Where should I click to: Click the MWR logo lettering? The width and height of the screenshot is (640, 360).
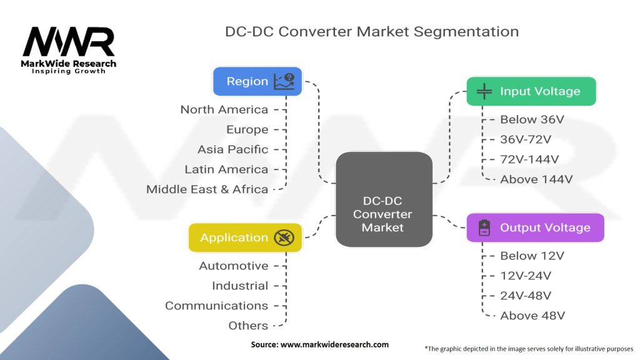click(69, 42)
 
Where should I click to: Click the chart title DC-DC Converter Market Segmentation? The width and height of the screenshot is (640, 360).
click(371, 31)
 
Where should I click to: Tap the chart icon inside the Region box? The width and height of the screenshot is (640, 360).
click(284, 81)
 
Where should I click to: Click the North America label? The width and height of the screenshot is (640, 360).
click(224, 109)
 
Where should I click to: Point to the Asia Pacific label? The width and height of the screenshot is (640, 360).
click(232, 149)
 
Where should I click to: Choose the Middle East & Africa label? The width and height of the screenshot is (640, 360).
click(207, 189)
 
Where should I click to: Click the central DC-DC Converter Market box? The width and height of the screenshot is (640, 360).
click(383, 214)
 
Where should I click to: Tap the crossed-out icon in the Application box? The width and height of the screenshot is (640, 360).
click(283, 237)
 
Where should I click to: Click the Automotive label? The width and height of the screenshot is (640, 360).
click(233, 266)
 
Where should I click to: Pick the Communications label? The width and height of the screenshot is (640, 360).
click(216, 306)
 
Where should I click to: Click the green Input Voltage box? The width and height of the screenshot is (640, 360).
click(531, 91)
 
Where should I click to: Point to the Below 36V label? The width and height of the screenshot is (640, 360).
click(527, 119)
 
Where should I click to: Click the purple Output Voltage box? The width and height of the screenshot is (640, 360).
click(535, 227)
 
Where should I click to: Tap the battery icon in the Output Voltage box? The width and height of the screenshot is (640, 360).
click(484, 227)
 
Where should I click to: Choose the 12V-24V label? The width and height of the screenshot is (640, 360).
click(526, 276)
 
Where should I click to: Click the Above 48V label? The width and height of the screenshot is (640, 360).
click(532, 316)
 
